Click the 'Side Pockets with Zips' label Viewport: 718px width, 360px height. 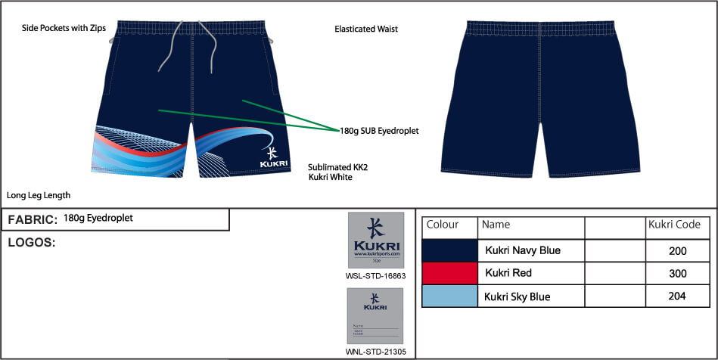(x=64, y=29)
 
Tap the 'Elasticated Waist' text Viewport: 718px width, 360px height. (x=366, y=29)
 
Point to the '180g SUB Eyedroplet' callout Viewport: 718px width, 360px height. (x=379, y=131)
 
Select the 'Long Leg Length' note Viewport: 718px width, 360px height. (x=38, y=194)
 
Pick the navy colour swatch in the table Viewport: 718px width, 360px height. (x=449, y=250)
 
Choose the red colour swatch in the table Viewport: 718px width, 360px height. (x=449, y=273)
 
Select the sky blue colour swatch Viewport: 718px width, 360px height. (x=449, y=296)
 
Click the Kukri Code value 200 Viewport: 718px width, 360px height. (x=677, y=250)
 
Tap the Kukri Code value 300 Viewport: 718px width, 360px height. (x=677, y=273)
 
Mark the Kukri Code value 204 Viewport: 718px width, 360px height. (x=677, y=296)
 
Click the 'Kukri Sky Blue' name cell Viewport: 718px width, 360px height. (x=518, y=297)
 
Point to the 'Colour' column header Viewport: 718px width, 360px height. (x=443, y=225)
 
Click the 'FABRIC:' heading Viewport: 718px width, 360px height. (x=32, y=220)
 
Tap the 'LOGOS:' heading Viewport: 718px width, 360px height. (x=32, y=243)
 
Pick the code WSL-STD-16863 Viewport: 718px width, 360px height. (x=375, y=276)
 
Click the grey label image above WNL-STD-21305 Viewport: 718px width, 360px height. (x=375, y=316)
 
